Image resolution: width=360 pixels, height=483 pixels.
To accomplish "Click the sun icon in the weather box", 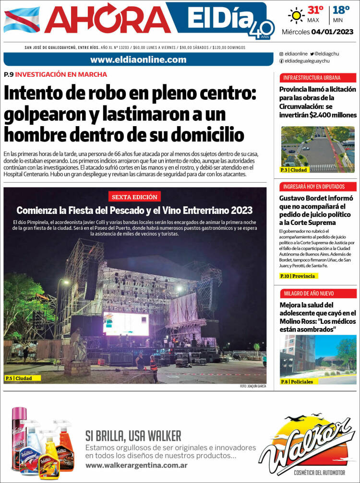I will click(x=296, y=15).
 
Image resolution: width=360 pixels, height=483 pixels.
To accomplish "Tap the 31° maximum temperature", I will click(x=315, y=10).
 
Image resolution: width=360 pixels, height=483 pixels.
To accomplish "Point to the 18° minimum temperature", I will click(x=341, y=10).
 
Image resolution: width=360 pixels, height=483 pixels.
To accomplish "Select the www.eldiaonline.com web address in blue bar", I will click(x=138, y=59).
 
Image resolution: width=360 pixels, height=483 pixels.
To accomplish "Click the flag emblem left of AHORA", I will click(x=22, y=20).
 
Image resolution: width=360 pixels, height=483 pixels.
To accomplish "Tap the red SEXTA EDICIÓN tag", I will click(x=134, y=197).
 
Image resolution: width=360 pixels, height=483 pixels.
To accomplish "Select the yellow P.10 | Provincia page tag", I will click(x=299, y=276).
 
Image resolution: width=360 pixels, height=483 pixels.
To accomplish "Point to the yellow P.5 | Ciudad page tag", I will click(x=22, y=378).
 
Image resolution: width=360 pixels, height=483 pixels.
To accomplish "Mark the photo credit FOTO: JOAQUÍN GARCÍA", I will click(x=252, y=387).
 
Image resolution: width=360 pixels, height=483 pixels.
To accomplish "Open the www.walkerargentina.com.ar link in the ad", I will click(x=136, y=465).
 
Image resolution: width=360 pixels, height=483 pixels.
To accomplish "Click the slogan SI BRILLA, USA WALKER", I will click(x=133, y=436).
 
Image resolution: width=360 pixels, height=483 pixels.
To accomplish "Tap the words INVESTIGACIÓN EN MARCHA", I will click(x=61, y=74).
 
